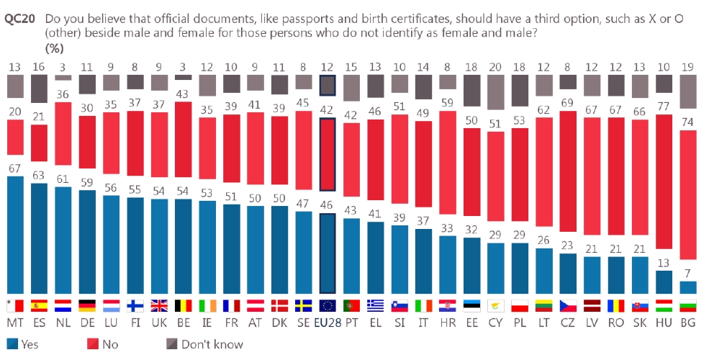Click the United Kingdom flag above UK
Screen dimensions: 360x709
161,306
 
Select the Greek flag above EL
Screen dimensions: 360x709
376,306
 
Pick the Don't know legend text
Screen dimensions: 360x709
212,344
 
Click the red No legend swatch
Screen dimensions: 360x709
91,343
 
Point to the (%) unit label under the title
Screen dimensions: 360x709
55,48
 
